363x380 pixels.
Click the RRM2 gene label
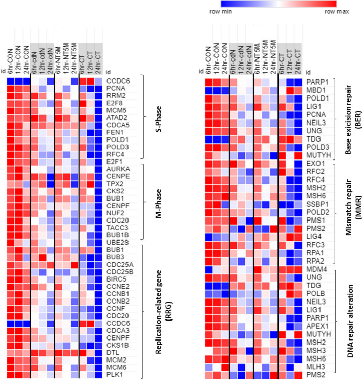coord(115,95)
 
